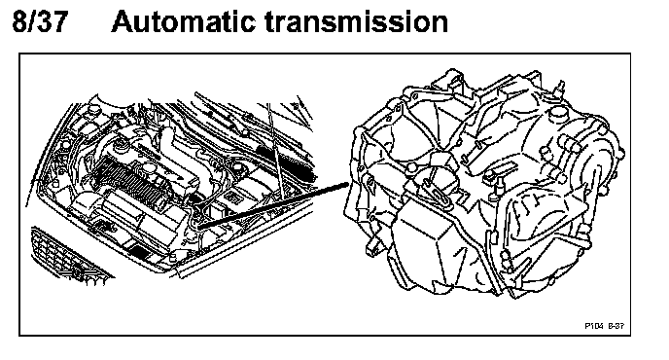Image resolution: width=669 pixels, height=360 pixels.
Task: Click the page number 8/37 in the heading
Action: (40, 21)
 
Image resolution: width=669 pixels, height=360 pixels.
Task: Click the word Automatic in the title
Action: (184, 21)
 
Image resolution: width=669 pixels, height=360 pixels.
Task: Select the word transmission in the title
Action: (356, 21)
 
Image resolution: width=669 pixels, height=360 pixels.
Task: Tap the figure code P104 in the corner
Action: (593, 326)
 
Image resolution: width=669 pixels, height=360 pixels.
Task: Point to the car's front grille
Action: (68, 256)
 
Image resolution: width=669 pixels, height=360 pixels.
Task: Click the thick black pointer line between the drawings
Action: (273, 205)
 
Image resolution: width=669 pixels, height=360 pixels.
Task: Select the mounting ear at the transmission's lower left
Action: (372, 247)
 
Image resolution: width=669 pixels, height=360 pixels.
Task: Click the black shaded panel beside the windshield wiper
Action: (287, 162)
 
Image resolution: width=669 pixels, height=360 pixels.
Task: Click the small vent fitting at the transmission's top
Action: (559, 87)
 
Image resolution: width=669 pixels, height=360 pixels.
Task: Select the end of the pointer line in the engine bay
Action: (198, 227)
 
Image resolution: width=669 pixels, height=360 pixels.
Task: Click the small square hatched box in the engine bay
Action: (233, 197)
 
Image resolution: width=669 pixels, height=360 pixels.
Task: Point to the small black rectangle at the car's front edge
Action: (140, 250)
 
